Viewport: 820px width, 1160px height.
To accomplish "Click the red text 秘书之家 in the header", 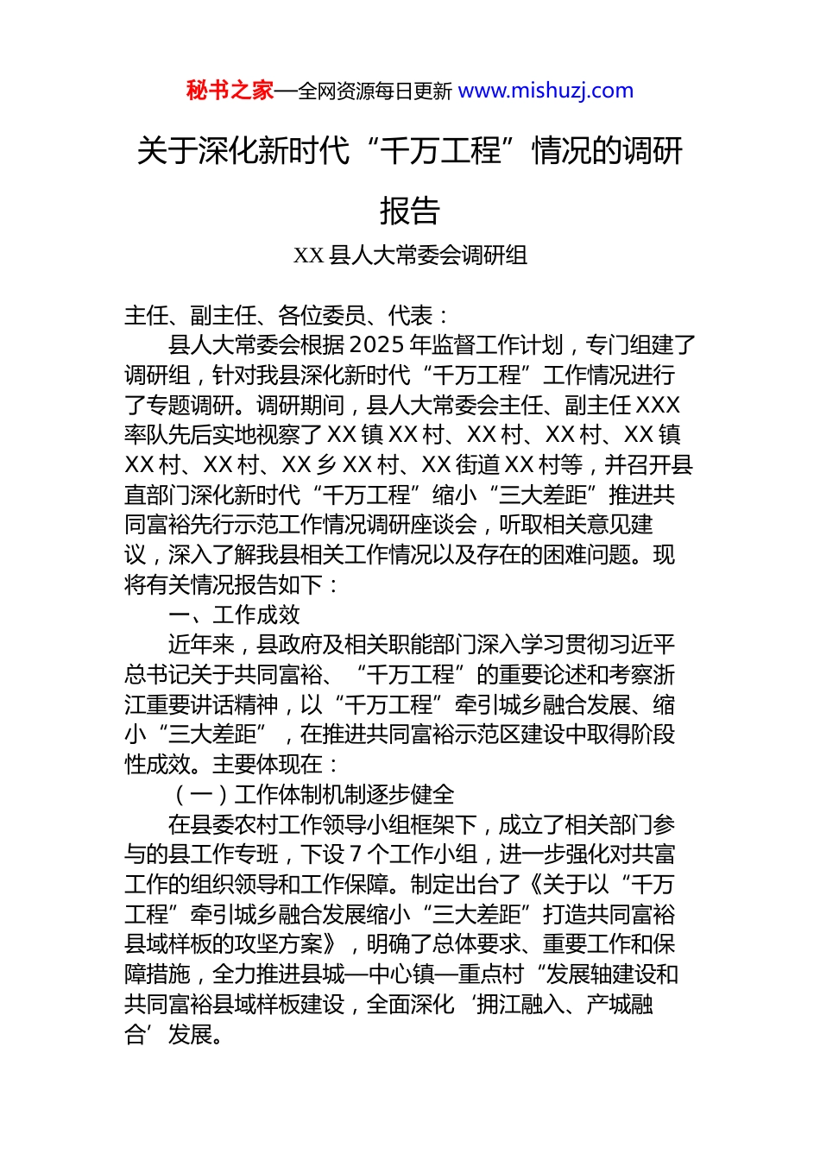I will point(230,91).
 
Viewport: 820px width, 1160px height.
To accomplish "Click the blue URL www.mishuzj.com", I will point(546,91).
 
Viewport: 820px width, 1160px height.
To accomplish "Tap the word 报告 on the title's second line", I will point(410,211).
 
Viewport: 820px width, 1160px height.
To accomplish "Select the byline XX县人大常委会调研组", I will point(410,255).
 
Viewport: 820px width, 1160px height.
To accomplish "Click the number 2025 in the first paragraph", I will point(378,345).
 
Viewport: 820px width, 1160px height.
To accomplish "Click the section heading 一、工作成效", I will point(234,615).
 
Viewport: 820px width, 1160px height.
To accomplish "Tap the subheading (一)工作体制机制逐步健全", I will point(312,794).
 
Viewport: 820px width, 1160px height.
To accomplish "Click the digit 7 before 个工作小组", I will point(356,854).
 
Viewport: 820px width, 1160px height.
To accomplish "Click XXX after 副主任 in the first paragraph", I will point(657,405).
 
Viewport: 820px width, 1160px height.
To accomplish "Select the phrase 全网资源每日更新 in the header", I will point(375,91).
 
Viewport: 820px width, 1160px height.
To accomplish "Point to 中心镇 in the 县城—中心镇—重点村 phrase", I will point(401,974).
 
